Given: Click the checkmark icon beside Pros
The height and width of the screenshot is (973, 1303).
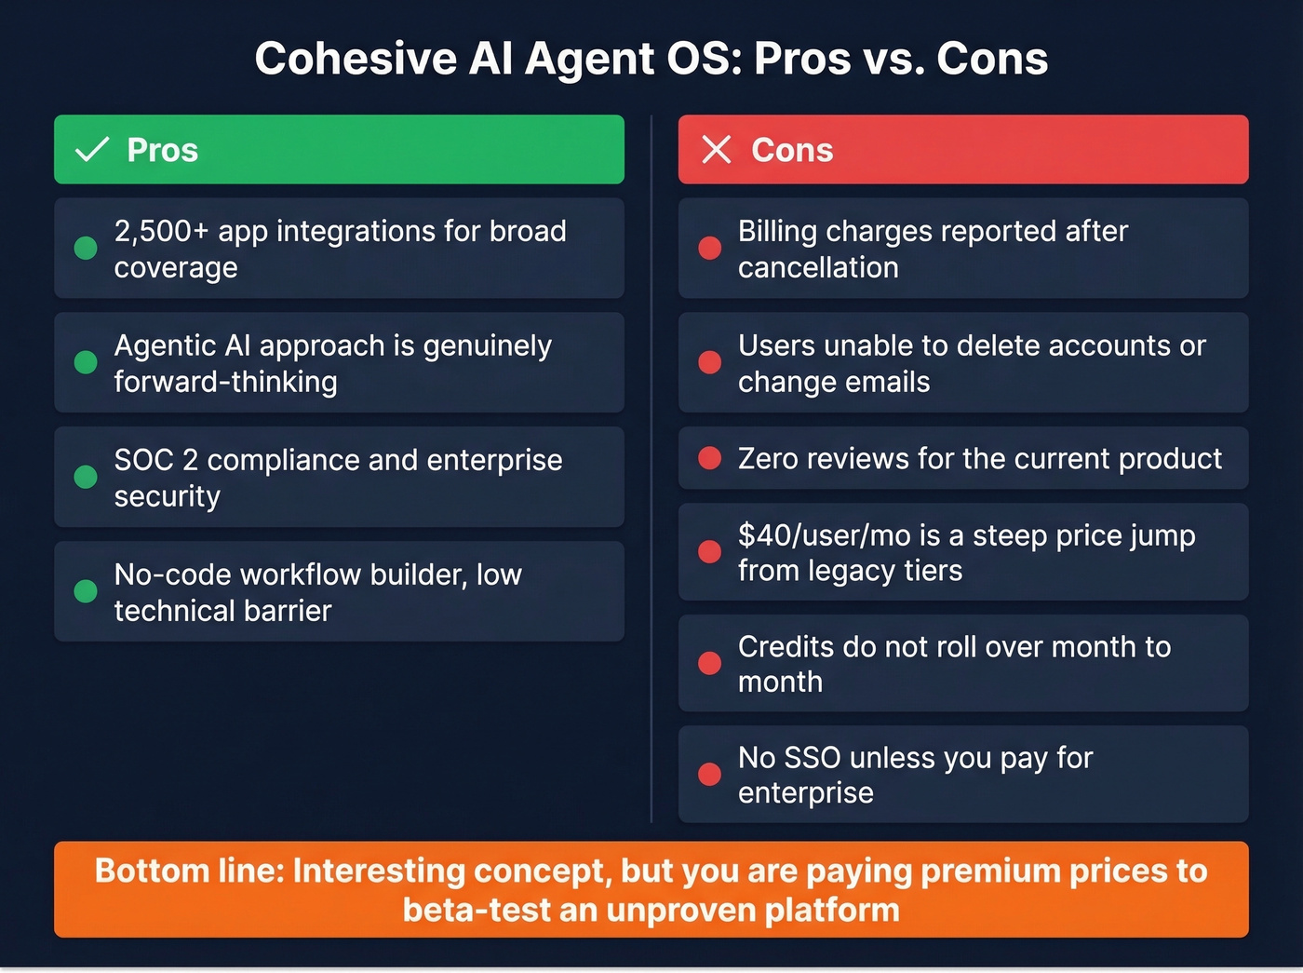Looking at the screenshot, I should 92,149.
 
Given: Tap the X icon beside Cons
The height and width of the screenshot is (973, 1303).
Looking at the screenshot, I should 716,149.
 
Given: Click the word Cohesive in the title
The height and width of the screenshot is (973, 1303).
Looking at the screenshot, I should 354,59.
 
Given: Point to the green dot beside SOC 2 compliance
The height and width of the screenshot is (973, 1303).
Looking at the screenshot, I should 86,477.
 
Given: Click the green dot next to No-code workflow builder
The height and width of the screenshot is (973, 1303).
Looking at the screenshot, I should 86,591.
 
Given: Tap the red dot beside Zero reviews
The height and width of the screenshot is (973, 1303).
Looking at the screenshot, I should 710,458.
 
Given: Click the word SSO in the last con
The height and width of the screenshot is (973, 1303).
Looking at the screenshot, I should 813,758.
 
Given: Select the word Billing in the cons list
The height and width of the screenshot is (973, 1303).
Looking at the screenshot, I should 778,231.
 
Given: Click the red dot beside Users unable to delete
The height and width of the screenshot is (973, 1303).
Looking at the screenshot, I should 710,362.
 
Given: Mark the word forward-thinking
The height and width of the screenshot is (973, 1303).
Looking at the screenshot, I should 225,382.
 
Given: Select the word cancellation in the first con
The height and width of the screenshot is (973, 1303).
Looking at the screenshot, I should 818,267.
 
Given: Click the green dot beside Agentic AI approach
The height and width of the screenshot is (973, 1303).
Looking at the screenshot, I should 86,362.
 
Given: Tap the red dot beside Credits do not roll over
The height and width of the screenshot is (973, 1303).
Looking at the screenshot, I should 710,663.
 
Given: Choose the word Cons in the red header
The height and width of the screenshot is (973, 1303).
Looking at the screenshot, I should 792,150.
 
